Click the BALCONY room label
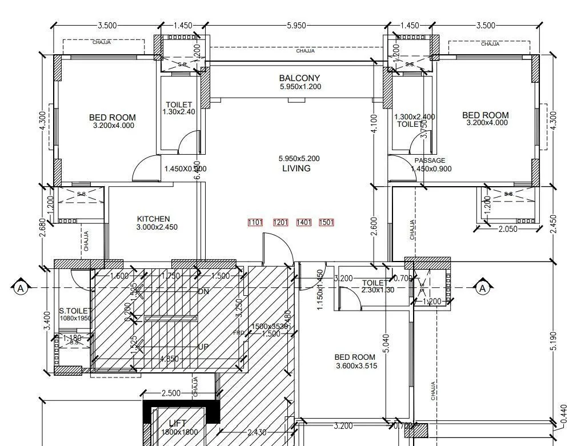[299, 78]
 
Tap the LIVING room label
[296, 168]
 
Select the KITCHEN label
[153, 219]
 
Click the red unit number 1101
[255, 222]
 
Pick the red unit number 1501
[326, 222]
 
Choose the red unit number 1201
[281, 222]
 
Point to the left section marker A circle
[21, 288]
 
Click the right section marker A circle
[483, 288]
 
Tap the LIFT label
[178, 423]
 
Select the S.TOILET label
[74, 311]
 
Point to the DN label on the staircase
[203, 292]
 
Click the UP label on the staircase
[203, 347]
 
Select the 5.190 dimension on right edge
[554, 341]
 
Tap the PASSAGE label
[430, 160]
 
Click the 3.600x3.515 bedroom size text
[356, 366]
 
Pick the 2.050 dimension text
[508, 229]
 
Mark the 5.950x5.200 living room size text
[299, 159]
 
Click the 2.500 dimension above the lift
[171, 393]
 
